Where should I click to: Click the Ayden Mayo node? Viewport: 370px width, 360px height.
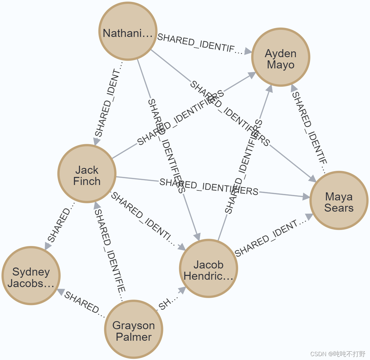pos(281,57)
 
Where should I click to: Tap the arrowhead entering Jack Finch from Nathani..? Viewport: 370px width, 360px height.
pos(97,141)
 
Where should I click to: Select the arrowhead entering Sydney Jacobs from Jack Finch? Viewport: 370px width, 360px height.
pos(48,246)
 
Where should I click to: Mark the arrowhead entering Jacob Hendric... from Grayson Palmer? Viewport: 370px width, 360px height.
pos(182,290)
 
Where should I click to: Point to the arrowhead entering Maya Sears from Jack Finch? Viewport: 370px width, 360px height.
pos(306,197)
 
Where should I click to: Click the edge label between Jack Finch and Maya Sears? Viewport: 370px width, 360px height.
pos(209,187)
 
